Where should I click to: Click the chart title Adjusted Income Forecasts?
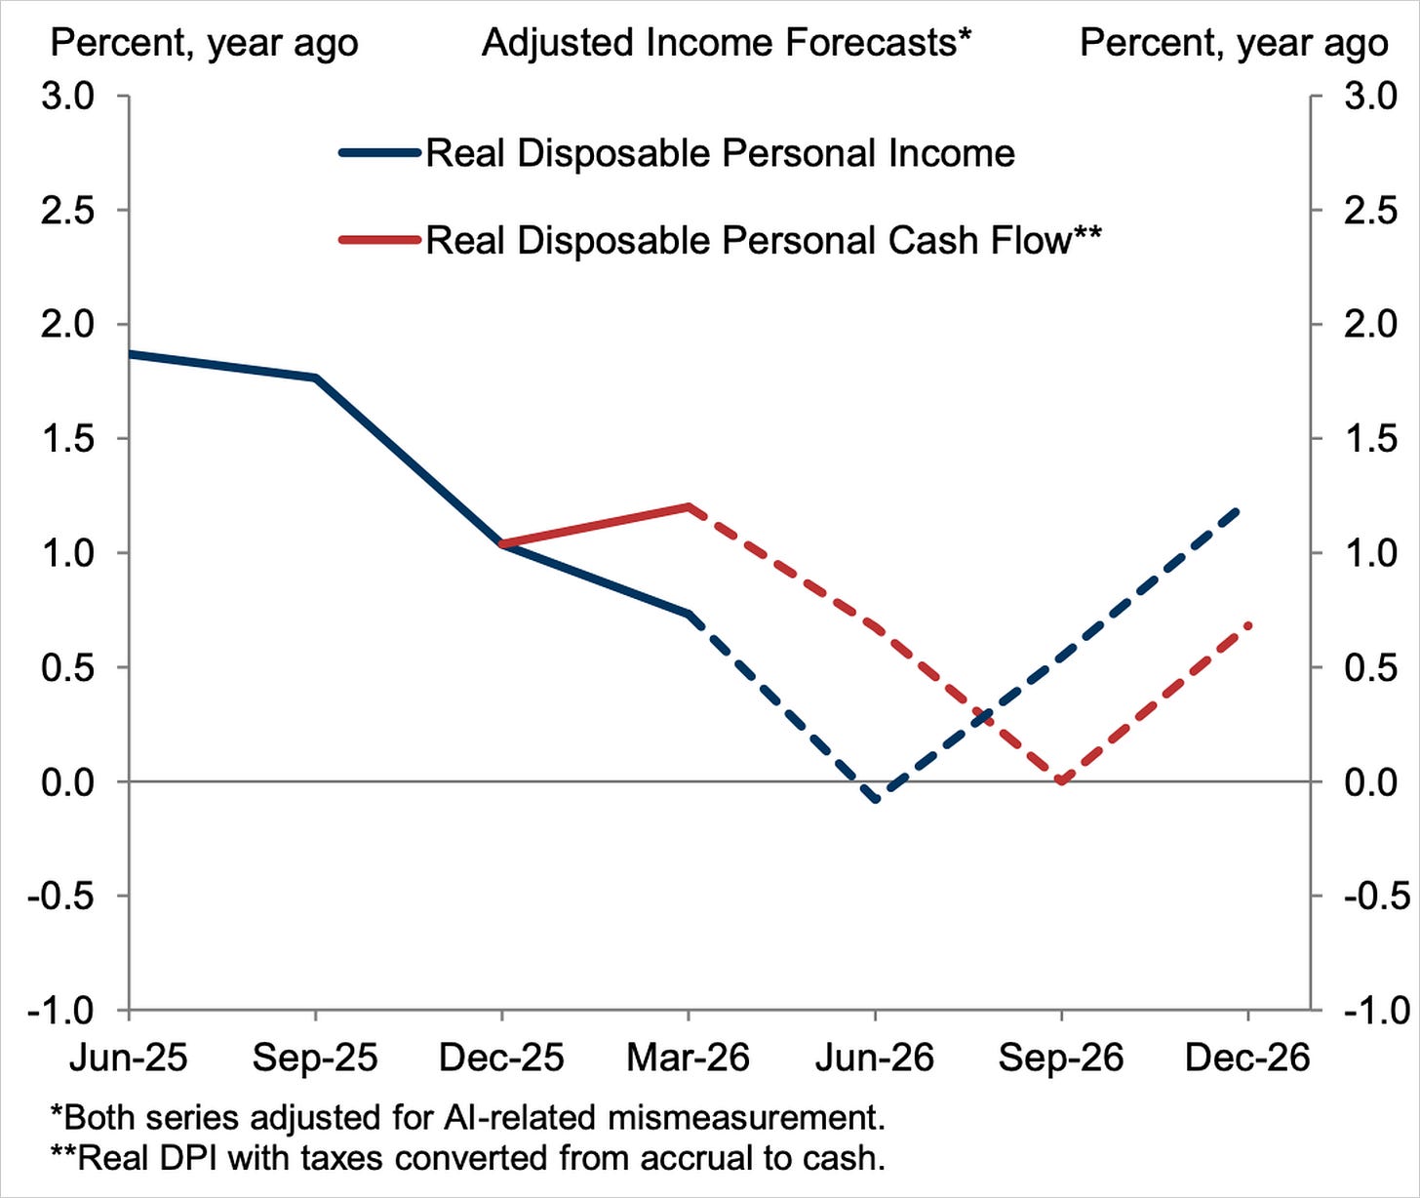[727, 43]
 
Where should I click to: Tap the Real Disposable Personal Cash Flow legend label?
[763, 240]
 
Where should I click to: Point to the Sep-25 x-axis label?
[315, 1058]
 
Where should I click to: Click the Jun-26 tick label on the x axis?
[875, 1058]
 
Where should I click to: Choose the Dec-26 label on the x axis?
[1247, 1058]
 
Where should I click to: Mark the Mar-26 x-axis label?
[688, 1058]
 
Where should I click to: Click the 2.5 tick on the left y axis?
[67, 210]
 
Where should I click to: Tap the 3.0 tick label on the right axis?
[1371, 96]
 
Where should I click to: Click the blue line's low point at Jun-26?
[875, 799]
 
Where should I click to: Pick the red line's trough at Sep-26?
[1062, 781]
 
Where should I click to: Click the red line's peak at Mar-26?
[689, 506]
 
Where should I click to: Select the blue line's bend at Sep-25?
[316, 378]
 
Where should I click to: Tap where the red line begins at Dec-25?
[502, 543]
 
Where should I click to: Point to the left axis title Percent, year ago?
[204, 44]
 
